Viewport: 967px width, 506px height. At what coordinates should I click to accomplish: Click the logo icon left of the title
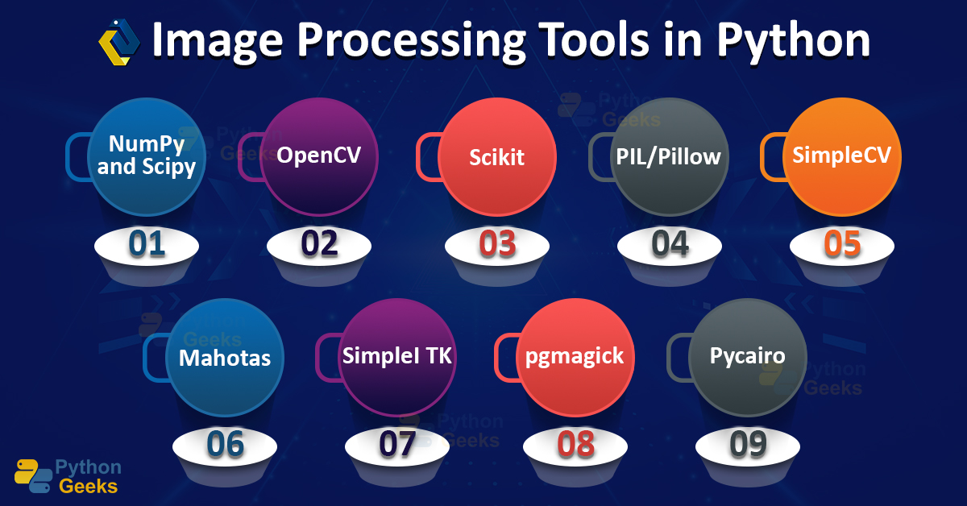[118, 42]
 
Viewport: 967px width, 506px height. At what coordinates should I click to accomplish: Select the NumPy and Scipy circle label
[147, 156]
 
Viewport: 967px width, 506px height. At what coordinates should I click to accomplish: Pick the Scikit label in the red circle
[497, 156]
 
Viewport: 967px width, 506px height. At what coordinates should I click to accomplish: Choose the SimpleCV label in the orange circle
[842, 154]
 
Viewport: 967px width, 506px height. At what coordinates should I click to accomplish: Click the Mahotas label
[225, 357]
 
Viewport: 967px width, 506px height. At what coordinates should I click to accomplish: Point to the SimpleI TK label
[397, 355]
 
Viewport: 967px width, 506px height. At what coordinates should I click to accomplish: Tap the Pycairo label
[747, 355]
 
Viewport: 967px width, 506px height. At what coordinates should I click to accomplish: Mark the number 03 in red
[497, 244]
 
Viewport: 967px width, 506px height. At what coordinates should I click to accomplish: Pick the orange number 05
[842, 244]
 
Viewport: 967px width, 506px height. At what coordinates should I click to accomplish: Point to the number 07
[396, 444]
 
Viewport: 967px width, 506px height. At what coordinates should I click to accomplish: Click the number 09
[747, 444]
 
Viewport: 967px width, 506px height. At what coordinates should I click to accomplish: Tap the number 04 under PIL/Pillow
[670, 244]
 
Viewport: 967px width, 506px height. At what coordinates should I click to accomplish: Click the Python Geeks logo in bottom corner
[68, 476]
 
